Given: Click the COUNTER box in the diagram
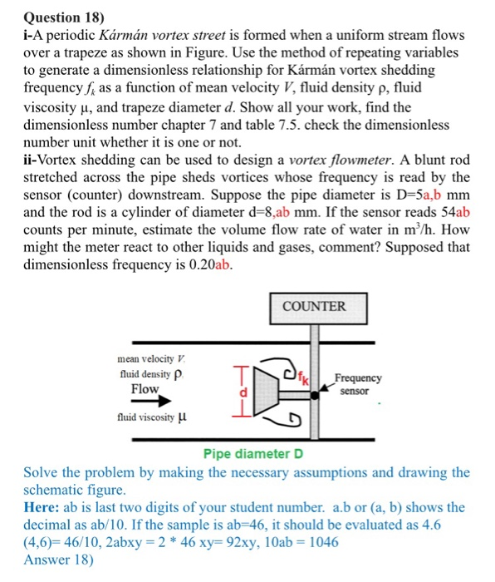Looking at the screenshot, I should [x=314, y=305].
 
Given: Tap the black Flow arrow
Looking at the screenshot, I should [x=144, y=402].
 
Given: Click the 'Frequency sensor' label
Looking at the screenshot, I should [x=358, y=383].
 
